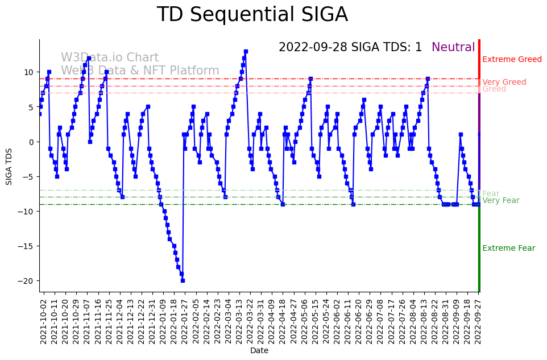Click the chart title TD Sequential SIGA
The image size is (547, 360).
(x=252, y=15)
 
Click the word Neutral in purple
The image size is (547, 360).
(x=453, y=48)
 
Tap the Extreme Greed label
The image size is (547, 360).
(x=512, y=60)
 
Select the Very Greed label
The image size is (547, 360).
(x=504, y=82)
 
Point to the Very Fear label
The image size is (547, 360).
(x=500, y=201)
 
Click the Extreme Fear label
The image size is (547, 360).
(x=508, y=249)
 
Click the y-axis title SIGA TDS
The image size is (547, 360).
(x=9, y=165)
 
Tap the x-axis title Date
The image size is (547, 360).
(x=259, y=351)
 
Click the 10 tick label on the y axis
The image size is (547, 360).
(x=30, y=72)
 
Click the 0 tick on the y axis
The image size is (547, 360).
(x=32, y=142)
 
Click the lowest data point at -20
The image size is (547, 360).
(x=183, y=280)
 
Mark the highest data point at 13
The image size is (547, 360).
(x=246, y=51)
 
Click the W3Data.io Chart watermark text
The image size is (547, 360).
(x=110, y=58)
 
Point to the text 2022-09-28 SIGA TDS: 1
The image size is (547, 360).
(x=350, y=48)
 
